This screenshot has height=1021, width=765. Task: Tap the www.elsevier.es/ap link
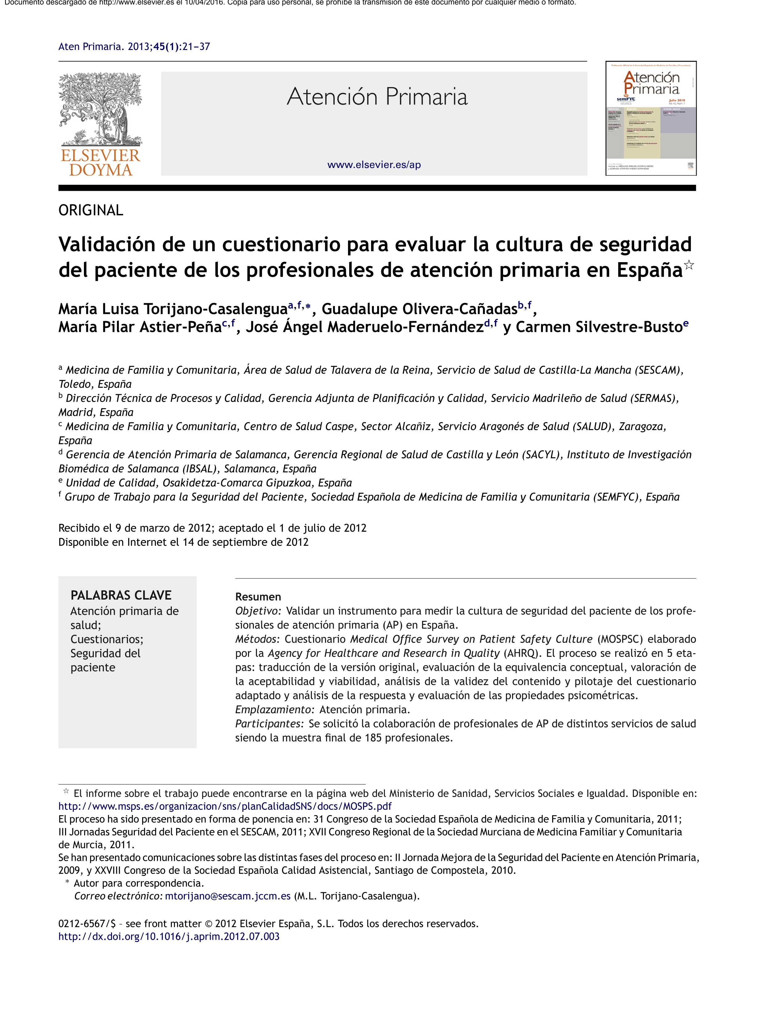374,165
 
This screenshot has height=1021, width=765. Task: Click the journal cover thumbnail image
651,118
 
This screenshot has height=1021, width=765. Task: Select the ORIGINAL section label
91,211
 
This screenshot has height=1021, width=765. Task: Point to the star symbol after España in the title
688,265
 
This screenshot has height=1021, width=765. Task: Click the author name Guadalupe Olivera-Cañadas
419,309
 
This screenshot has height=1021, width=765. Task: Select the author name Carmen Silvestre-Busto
598,327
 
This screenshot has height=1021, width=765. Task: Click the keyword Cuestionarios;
106,639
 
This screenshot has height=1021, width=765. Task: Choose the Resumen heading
258,597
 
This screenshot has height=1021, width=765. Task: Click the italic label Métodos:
257,639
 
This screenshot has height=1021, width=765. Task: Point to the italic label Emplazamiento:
275,709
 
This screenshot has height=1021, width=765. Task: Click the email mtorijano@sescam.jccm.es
227,896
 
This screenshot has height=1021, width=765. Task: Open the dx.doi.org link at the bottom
169,936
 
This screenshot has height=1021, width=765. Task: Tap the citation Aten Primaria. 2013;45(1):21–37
134,47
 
